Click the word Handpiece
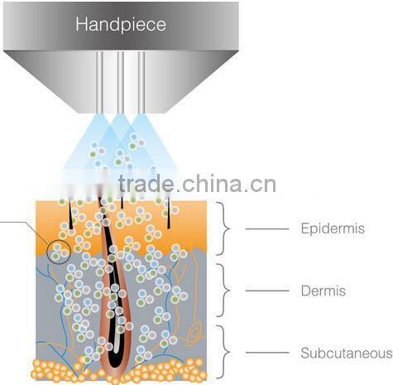coord(121,24)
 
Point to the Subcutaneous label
coord(346,354)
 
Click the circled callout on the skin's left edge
coord(59,252)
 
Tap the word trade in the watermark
coord(146,183)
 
